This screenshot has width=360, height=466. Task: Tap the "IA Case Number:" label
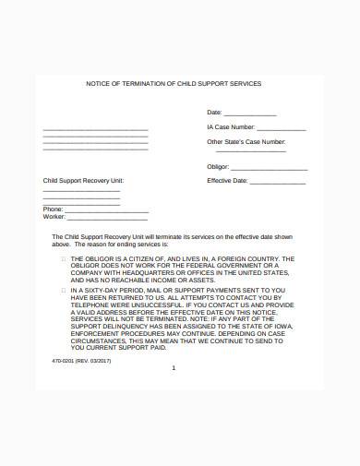click(x=231, y=127)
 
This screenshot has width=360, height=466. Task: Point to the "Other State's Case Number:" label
click(x=246, y=142)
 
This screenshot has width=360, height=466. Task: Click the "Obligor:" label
click(x=218, y=166)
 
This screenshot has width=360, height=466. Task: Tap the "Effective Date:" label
click(x=228, y=181)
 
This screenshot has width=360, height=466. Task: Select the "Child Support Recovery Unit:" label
click(x=83, y=180)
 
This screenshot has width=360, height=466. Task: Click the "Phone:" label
click(x=53, y=209)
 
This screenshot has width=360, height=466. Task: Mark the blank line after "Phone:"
click(x=106, y=210)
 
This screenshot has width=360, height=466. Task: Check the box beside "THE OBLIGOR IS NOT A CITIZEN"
click(x=63, y=259)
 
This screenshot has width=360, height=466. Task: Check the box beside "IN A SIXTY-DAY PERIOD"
click(x=63, y=289)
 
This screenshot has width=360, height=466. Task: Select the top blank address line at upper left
click(x=95, y=128)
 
